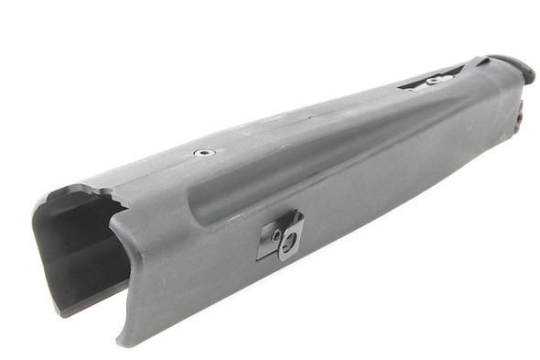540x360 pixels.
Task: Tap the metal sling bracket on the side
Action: coord(281,236)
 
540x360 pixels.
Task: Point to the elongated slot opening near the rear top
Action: coord(437,79)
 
